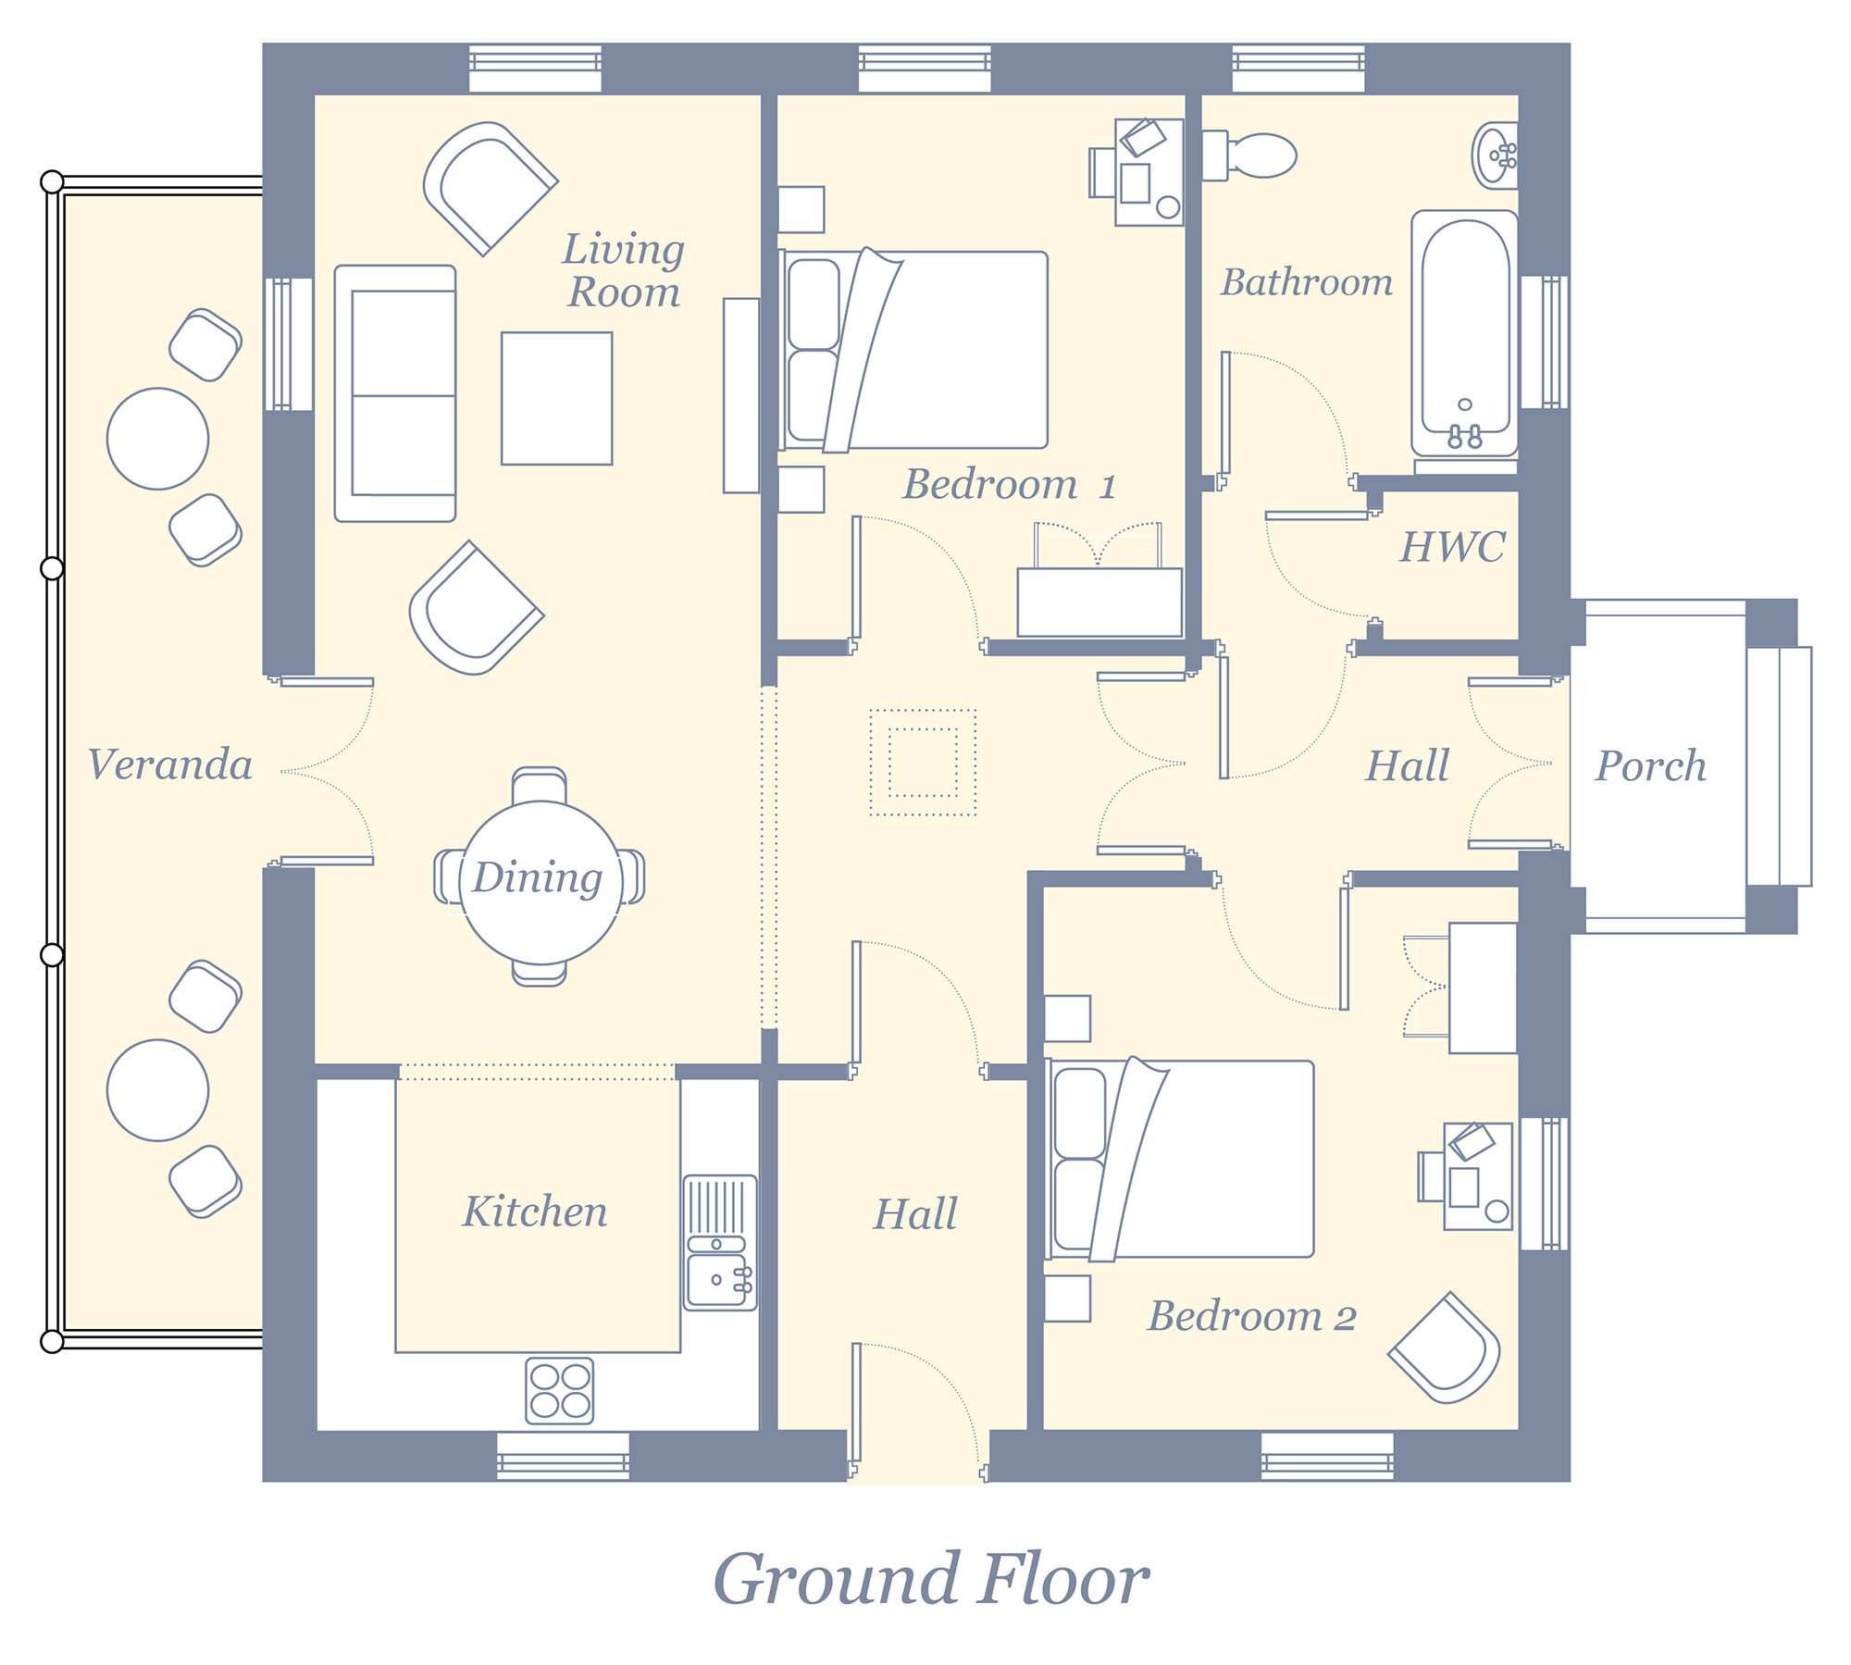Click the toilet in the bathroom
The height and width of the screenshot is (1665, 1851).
click(1249, 155)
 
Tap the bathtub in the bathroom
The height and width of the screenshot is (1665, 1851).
click(1465, 334)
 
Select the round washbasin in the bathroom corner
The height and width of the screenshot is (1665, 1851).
click(1495, 155)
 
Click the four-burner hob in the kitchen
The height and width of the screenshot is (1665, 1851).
click(560, 1390)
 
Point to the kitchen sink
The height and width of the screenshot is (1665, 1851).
click(720, 1242)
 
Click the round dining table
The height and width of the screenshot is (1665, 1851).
click(540, 883)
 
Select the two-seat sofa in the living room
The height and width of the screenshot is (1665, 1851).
click(395, 393)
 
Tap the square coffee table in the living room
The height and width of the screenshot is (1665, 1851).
click(557, 398)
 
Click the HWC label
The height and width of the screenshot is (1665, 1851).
click(1452, 547)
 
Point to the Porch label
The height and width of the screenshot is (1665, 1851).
click(1651, 765)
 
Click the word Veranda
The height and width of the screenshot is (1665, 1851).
click(170, 764)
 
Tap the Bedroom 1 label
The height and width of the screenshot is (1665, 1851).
click(1010, 484)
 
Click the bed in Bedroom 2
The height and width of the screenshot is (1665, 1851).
click(1180, 1159)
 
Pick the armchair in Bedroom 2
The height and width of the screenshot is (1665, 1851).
click(1445, 1348)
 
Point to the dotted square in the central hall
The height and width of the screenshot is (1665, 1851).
click(923, 763)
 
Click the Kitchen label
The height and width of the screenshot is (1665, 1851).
click(535, 1211)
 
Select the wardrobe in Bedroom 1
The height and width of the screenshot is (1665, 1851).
click(1099, 603)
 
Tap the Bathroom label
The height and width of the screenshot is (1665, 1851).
click(1307, 282)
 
